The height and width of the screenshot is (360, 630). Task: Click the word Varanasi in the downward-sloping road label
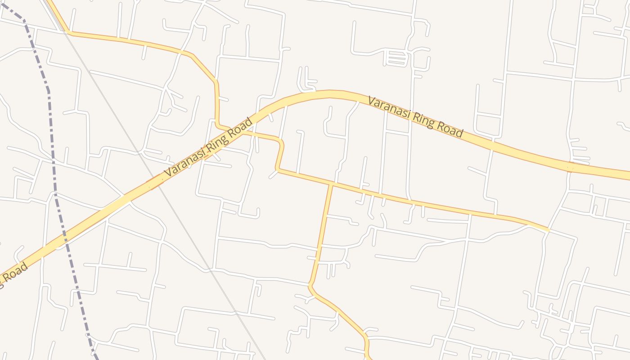390,108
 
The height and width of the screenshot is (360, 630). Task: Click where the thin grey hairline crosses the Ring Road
156,182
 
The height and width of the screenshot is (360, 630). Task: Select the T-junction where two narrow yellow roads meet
332,184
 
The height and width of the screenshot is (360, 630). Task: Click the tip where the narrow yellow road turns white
549,230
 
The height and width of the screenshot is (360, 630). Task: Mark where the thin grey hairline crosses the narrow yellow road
67,32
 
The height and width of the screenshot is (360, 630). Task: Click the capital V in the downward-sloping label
372,101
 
